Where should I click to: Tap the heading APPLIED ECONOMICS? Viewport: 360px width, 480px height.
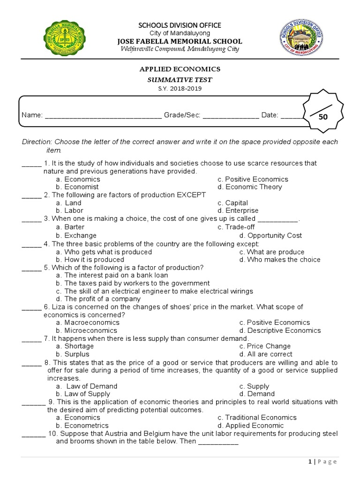180,69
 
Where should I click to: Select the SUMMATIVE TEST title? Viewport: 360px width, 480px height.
180,80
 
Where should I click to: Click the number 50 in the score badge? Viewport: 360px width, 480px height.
323,117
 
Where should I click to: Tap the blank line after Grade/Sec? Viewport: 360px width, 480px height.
231,115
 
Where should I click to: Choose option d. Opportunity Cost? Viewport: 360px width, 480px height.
270,236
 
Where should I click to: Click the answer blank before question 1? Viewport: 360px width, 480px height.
31,164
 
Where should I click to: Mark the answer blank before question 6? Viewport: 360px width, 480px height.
31,307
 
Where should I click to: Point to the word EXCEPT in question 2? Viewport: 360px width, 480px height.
191,195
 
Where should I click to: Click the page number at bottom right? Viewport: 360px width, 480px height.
310,462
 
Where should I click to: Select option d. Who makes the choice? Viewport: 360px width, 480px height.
280,260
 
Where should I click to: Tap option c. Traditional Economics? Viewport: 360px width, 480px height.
257,418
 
